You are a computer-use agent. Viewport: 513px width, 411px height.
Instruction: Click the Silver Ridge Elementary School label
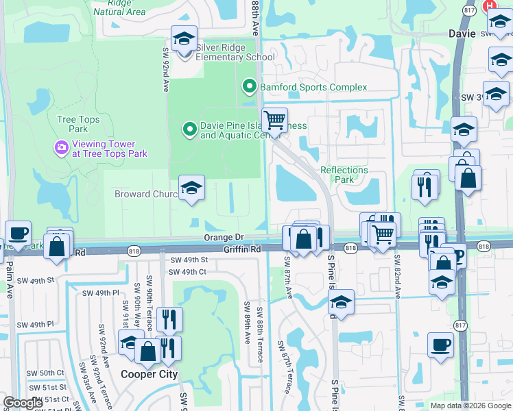[x=235, y=52]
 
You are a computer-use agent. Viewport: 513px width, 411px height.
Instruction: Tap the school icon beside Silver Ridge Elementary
[x=184, y=40]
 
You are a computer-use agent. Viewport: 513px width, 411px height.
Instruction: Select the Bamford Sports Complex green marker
[x=249, y=87]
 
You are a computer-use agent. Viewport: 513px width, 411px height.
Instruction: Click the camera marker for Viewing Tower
[x=62, y=147]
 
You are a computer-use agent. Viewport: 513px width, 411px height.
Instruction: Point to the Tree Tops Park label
[x=78, y=124]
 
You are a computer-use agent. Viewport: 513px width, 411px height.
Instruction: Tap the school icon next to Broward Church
[x=192, y=188]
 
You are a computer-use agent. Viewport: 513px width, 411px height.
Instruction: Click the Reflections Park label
[x=344, y=175]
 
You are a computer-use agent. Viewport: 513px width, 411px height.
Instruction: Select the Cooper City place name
[x=149, y=375]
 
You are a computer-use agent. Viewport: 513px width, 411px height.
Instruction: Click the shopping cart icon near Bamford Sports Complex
[x=275, y=121]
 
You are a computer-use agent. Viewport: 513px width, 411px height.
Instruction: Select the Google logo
[x=23, y=403]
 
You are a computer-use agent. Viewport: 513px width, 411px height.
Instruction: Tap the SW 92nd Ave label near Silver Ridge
[x=166, y=70]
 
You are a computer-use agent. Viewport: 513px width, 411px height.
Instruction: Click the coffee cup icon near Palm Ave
[x=18, y=233]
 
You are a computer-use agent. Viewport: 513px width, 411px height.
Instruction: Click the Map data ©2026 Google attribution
[x=469, y=406]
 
